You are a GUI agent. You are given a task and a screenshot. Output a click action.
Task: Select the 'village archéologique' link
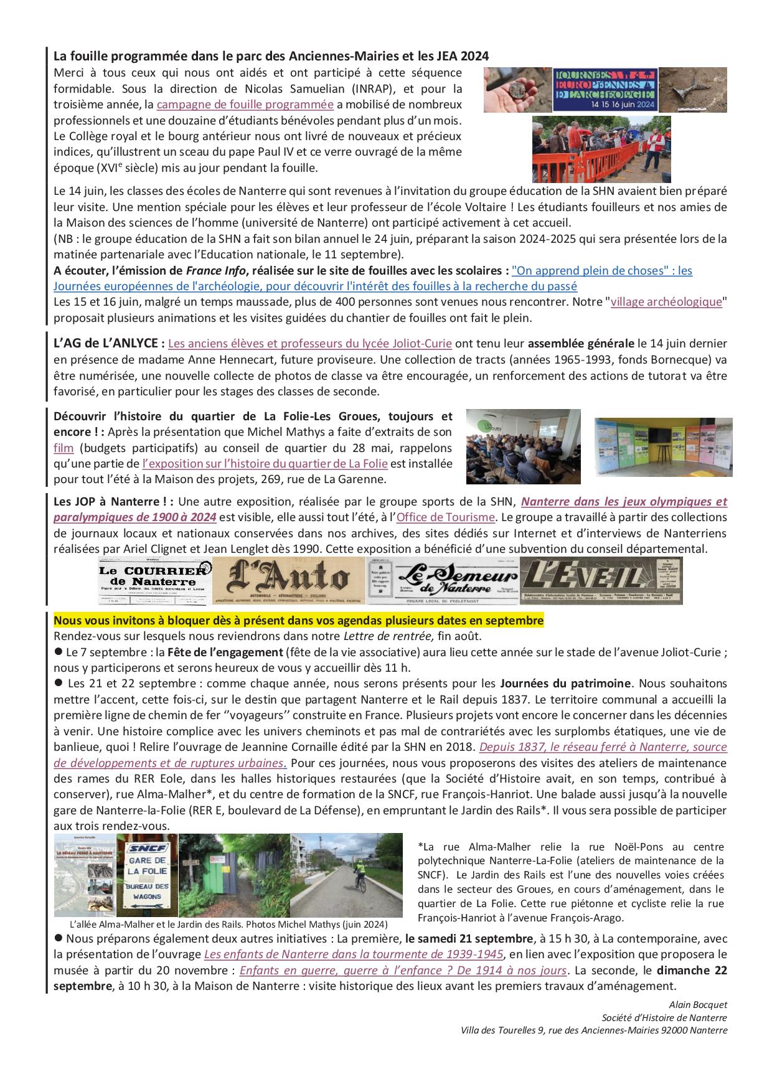pyautogui.click(x=666, y=302)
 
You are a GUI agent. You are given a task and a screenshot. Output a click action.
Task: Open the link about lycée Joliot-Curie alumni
pyautogui.click(x=310, y=343)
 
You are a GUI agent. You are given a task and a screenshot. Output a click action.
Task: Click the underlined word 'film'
pyautogui.click(x=64, y=448)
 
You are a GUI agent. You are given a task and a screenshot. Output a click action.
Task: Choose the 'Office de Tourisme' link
pyautogui.click(x=445, y=517)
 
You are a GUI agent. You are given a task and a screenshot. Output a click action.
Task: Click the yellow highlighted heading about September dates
pyautogui.click(x=299, y=621)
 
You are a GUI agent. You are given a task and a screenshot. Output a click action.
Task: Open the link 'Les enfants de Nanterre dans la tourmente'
pyautogui.click(x=354, y=954)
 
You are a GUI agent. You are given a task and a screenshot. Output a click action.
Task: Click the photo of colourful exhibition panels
pyautogui.click(x=663, y=448)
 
